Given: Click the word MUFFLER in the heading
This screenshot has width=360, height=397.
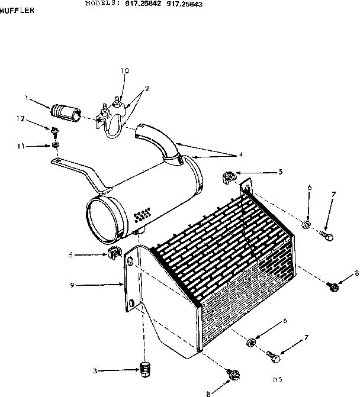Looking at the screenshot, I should (17, 10).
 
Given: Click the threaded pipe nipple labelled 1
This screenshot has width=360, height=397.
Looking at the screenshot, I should (66, 112).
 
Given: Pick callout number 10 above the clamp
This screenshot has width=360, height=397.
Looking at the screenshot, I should (124, 71).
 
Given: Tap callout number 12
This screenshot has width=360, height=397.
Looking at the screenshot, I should (20, 119).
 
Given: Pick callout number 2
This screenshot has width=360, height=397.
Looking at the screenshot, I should (146, 88).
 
